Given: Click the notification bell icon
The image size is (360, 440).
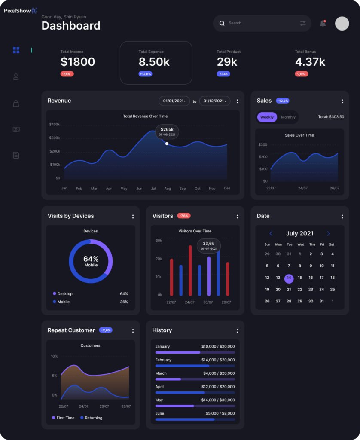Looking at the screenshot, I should (323, 24).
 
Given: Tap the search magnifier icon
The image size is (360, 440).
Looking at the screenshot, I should (222, 23).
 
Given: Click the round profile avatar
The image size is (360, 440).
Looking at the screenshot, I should (342, 23).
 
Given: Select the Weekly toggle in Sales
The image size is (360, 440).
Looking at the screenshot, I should (267, 117).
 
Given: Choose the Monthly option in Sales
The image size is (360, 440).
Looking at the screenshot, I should (288, 117).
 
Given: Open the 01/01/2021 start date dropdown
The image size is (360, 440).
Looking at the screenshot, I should (174, 101).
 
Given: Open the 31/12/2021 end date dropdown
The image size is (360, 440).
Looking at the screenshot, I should (215, 101).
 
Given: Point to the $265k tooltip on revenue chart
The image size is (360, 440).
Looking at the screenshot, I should (167, 131).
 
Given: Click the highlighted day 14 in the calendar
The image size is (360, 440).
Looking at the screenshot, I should (289, 278).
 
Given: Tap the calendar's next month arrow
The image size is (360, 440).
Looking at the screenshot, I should (329, 234).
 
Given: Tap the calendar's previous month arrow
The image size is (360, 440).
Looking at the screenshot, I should (271, 234).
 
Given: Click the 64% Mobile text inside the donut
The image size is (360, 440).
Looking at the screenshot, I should (91, 261).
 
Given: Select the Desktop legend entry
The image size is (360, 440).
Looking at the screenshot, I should (65, 294).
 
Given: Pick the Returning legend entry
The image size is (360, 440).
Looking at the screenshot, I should (93, 418).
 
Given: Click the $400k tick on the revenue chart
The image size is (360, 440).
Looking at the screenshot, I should (55, 125).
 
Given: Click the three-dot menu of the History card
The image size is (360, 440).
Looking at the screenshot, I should (238, 331).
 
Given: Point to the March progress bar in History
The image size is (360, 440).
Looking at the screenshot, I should (195, 379).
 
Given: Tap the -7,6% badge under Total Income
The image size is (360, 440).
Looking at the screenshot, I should (67, 74).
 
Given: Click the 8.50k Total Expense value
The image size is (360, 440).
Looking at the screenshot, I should (154, 62).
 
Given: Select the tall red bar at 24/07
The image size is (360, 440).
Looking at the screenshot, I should (190, 270).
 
